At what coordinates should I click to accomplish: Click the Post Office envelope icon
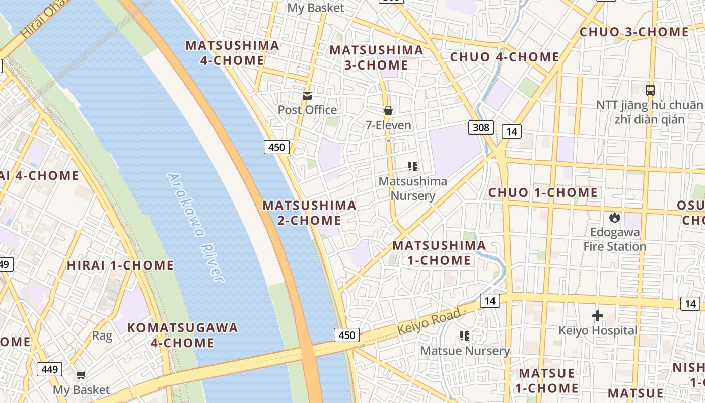tap(307, 96)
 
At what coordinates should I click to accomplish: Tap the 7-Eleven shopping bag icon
tap(388, 110)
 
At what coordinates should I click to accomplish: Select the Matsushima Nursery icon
tap(413, 166)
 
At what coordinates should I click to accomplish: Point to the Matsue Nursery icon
tap(465, 335)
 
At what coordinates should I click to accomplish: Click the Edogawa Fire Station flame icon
tap(614, 217)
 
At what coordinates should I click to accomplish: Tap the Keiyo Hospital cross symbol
tap(598, 316)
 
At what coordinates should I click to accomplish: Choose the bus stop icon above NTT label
tap(650, 90)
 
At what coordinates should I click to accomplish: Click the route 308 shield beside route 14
tap(481, 127)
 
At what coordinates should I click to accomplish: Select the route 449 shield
tap(49, 369)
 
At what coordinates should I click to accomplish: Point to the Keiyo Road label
tap(429, 321)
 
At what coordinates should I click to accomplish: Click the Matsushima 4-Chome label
tap(232, 53)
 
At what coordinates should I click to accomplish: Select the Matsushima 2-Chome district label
tap(309, 213)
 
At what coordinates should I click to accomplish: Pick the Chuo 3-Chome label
tap(633, 32)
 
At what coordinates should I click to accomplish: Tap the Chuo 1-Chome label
tap(543, 192)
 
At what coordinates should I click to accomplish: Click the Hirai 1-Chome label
tap(120, 265)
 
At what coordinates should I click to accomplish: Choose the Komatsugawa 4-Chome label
tap(182, 335)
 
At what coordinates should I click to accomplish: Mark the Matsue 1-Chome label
tap(546, 381)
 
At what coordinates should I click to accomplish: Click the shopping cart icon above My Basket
tap(81, 375)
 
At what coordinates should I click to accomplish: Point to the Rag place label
tap(102, 335)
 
